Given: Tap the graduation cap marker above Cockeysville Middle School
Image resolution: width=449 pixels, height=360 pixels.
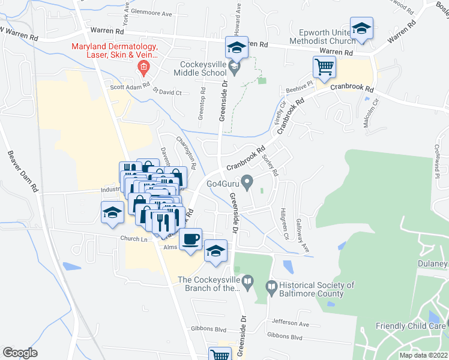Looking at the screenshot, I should click(x=237, y=47).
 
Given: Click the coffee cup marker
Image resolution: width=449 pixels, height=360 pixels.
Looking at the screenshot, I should click(x=191, y=239).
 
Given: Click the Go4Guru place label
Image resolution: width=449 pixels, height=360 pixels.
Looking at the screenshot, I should click(x=223, y=184).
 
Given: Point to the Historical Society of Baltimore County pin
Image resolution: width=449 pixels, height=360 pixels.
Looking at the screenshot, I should click(x=271, y=287).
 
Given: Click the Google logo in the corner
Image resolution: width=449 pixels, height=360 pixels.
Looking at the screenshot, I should click(x=20, y=353).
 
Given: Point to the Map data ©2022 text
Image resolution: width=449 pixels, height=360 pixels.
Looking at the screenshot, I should click(x=423, y=355).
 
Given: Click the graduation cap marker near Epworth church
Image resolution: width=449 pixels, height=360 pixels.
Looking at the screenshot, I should click(x=362, y=28).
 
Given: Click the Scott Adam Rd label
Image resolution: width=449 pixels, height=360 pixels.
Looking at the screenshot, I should click(x=128, y=87).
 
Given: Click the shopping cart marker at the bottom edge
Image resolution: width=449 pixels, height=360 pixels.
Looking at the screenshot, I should click(x=221, y=355).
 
